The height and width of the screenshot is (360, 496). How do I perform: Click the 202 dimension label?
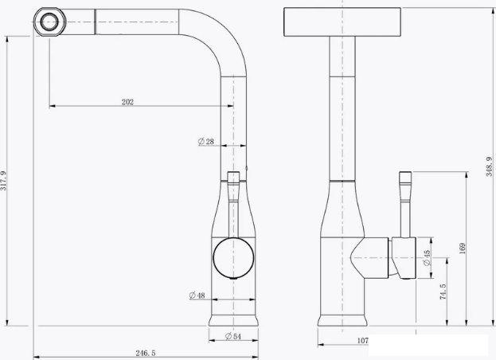pyautogui.click(x=127, y=102)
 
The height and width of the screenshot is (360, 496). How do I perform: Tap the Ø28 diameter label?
pyautogui.click(x=206, y=142)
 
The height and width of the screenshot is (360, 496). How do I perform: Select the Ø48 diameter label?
pyautogui.click(x=197, y=295)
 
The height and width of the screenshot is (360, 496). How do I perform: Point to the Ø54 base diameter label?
pyautogui.click(x=233, y=336)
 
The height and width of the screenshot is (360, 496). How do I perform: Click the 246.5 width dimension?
pyautogui.click(x=146, y=353)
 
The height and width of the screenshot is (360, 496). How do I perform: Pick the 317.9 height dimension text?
pyautogui.click(x=3, y=181)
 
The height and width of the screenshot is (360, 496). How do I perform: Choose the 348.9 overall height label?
pyautogui.click(x=490, y=166)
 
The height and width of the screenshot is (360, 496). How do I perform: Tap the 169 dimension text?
pyautogui.click(x=462, y=248)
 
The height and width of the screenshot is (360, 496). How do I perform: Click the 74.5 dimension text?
pyautogui.click(x=443, y=292)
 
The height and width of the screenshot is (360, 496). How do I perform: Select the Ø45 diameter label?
pyautogui.click(x=427, y=258)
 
